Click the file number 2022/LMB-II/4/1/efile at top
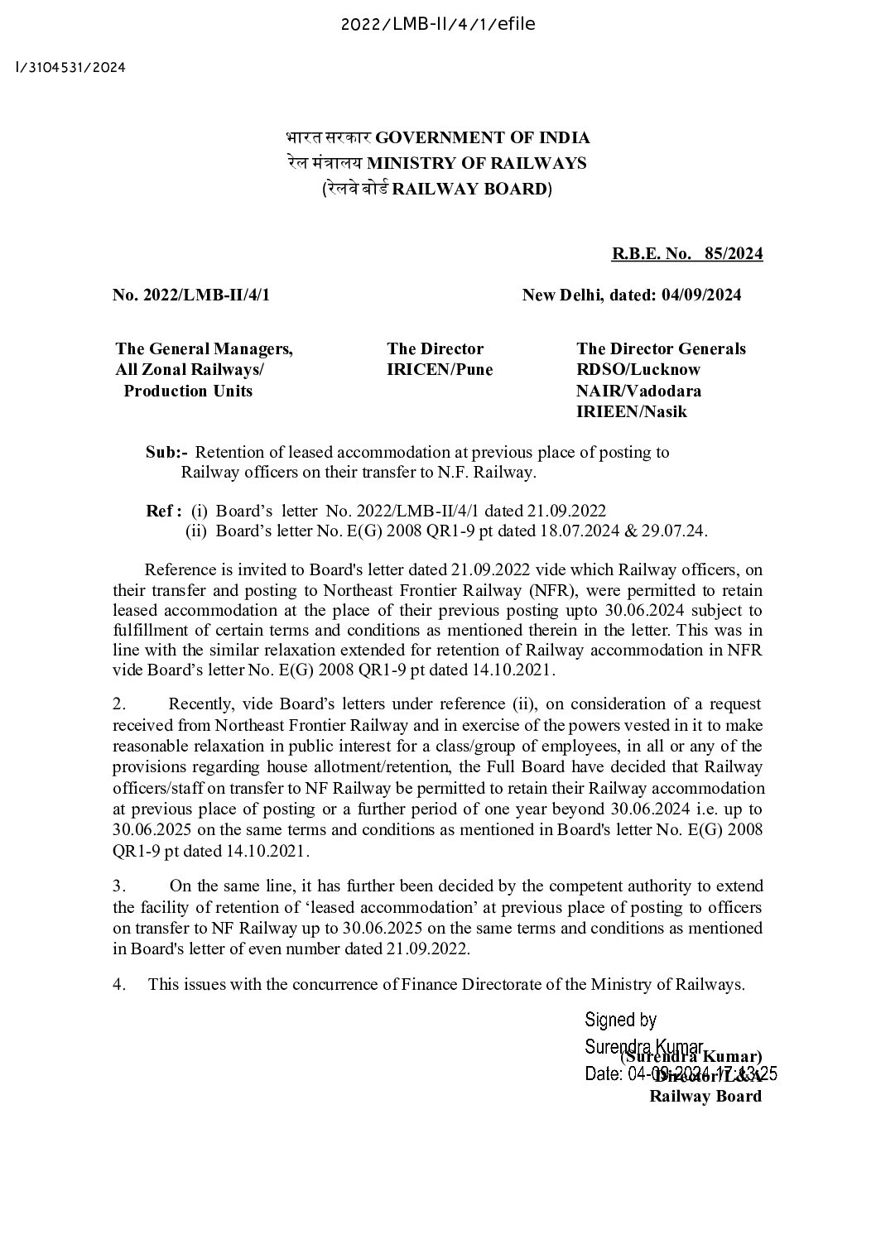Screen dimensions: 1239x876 tap(438, 24)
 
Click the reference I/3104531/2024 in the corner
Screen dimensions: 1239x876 tap(70, 68)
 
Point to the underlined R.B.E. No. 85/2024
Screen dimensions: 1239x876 tap(686, 254)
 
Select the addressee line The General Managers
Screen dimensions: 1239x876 tap(204, 349)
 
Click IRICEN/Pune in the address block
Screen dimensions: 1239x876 tap(439, 370)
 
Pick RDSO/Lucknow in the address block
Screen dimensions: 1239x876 tap(638, 370)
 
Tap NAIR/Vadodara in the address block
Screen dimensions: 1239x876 tap(638, 391)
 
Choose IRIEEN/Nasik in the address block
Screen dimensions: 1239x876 tap(631, 411)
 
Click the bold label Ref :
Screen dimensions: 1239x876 tap(163, 511)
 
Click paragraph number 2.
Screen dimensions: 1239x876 tap(118, 704)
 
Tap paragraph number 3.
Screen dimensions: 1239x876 tap(118, 886)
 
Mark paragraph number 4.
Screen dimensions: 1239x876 tap(119, 985)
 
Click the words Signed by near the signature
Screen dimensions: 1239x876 tap(620, 1020)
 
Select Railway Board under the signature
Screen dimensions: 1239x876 tap(705, 1097)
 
